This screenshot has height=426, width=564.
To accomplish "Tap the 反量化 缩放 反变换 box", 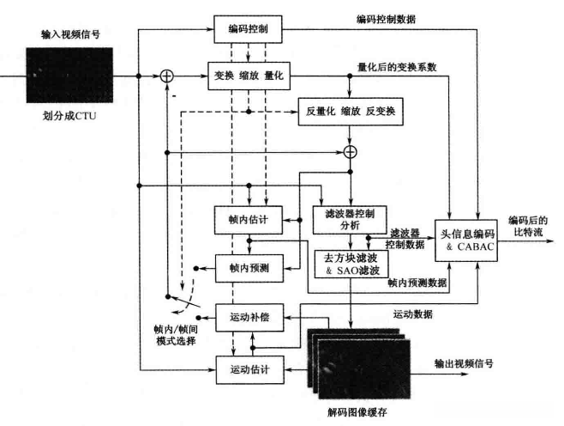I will click(x=351, y=113).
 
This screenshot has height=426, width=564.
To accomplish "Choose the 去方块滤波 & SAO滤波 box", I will click(x=351, y=263).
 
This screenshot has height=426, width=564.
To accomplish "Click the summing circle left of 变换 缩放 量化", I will click(x=168, y=76).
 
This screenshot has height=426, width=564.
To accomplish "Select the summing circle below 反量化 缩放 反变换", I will click(x=350, y=152).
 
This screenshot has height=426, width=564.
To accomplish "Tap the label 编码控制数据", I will click(x=387, y=19).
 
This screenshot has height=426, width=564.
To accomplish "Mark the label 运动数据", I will click(x=414, y=313).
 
